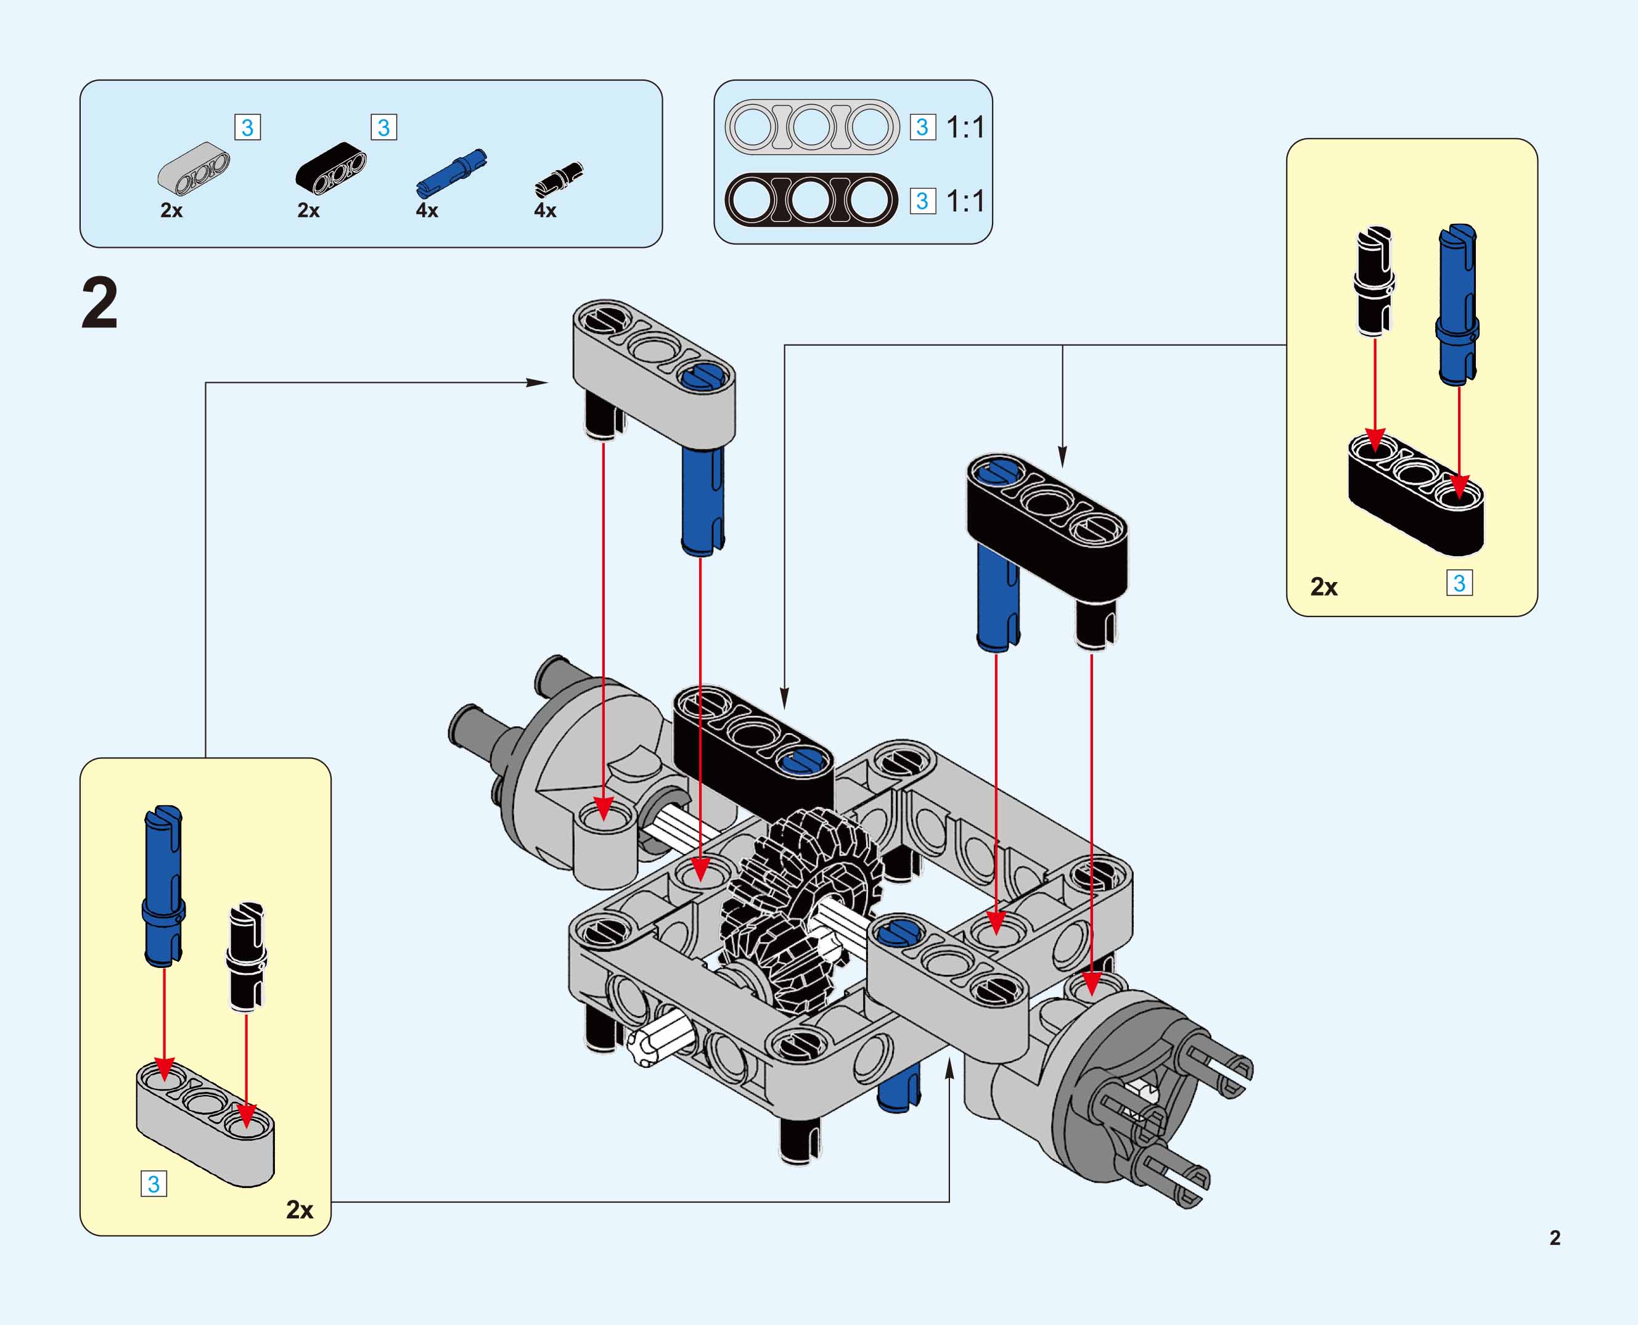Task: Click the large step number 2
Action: (100, 304)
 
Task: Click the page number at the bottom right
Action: (1555, 1237)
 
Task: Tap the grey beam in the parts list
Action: (194, 167)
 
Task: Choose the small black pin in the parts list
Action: (559, 179)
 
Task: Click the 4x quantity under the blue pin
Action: (427, 211)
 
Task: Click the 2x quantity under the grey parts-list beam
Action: (171, 211)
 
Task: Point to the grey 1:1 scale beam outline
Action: (811, 126)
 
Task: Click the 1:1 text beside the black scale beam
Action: (965, 202)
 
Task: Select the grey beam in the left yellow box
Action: (205, 1123)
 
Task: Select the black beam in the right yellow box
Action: (1416, 492)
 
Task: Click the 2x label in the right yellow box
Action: (1324, 587)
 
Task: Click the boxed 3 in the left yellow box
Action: (154, 1184)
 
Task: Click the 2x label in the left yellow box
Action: (299, 1210)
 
